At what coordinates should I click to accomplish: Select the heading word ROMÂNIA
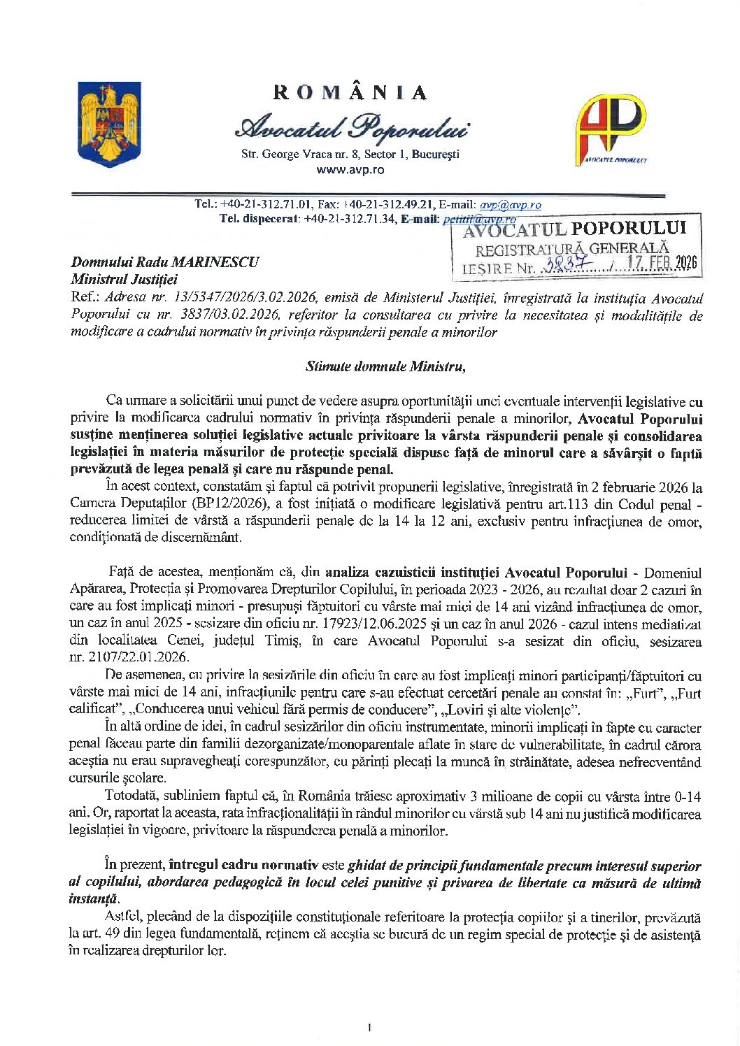pyautogui.click(x=350, y=93)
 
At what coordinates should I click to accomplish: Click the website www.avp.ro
pyautogui.click(x=350, y=170)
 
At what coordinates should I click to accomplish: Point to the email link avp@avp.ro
pyautogui.click(x=510, y=205)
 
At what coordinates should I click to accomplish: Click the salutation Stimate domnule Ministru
pyautogui.click(x=385, y=366)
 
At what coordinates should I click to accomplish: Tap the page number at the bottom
pyautogui.click(x=369, y=1027)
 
